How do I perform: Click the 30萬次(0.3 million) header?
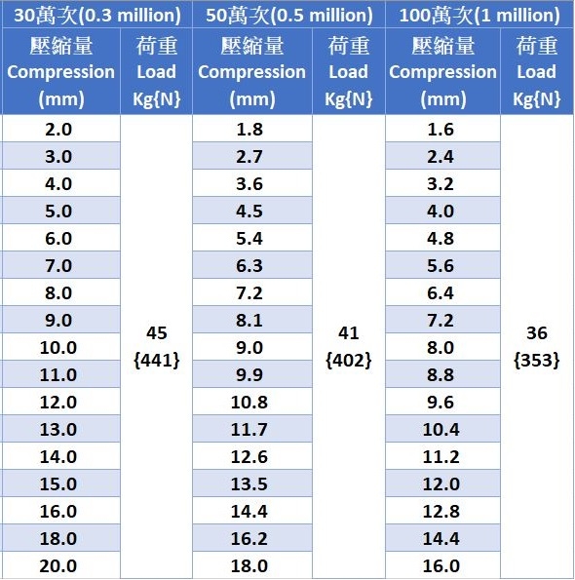(97, 16)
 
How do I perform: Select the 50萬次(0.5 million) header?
(289, 16)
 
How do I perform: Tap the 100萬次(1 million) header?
(479, 16)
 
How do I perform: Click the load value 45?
(156, 333)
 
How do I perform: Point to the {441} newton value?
(156, 360)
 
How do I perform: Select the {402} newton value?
(348, 360)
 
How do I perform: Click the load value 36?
(537, 333)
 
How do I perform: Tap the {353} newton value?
(537, 360)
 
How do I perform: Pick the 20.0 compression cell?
(58, 566)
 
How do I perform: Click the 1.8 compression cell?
(249, 130)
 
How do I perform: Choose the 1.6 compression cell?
(441, 130)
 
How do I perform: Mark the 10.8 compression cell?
(249, 402)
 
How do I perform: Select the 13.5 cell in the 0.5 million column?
(249, 484)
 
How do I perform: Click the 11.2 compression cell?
(441, 457)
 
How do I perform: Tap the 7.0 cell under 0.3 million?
(58, 266)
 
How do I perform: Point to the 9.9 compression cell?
(249, 375)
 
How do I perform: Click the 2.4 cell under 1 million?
(441, 157)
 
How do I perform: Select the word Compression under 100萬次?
(442, 72)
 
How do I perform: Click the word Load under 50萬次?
(349, 72)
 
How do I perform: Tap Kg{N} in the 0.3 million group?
(156, 99)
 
